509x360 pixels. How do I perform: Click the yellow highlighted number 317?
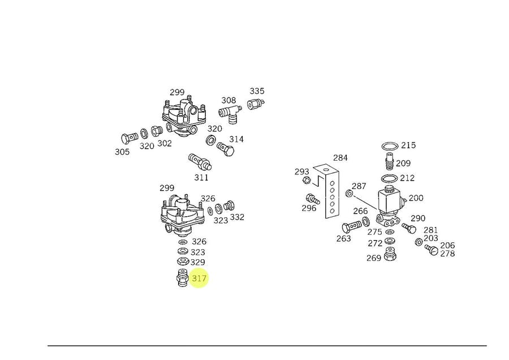[x=199, y=278]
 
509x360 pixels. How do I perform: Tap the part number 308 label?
[x=228, y=101]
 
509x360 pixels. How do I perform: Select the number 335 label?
[x=257, y=91]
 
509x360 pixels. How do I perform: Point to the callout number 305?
[x=122, y=152]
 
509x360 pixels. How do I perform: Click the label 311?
[x=201, y=177]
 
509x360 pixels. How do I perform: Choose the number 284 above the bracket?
[x=340, y=158]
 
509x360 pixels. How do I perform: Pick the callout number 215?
[x=408, y=145]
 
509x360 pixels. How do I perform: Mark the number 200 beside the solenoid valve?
[x=416, y=198]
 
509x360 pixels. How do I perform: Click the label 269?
[x=373, y=258]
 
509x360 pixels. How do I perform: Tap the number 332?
[x=237, y=217]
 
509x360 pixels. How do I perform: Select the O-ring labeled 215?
[x=389, y=147]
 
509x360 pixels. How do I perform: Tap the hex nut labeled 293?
[x=306, y=181]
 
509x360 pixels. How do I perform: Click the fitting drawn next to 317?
[x=182, y=278]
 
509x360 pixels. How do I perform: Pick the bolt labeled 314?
[x=227, y=149]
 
